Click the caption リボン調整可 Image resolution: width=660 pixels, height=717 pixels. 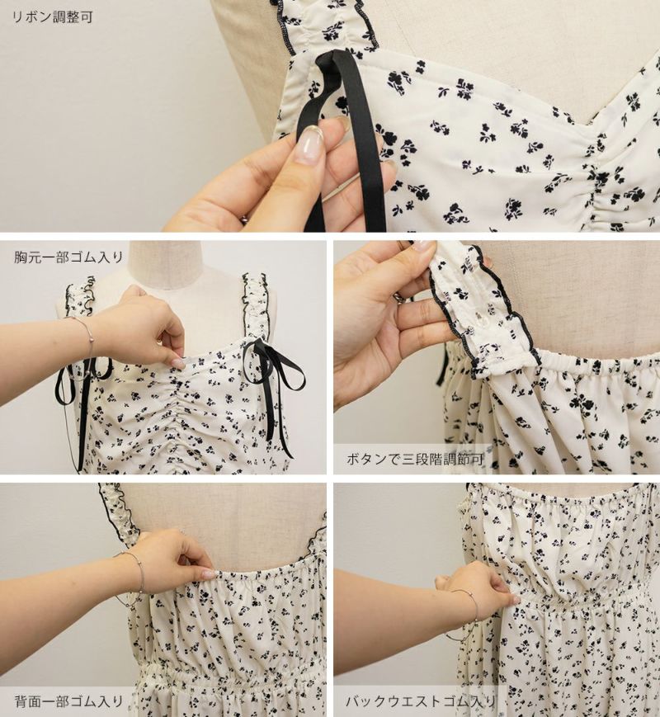point(52,17)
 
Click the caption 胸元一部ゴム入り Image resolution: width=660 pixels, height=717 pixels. point(68,257)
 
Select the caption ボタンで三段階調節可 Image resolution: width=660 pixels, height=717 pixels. point(415,459)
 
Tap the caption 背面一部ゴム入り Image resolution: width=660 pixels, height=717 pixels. point(68,701)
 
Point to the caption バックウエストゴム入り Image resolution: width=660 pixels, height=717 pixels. point(421,701)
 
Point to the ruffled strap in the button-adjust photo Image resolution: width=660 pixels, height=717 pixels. point(485,311)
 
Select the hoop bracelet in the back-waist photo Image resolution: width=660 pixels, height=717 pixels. point(462,615)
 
